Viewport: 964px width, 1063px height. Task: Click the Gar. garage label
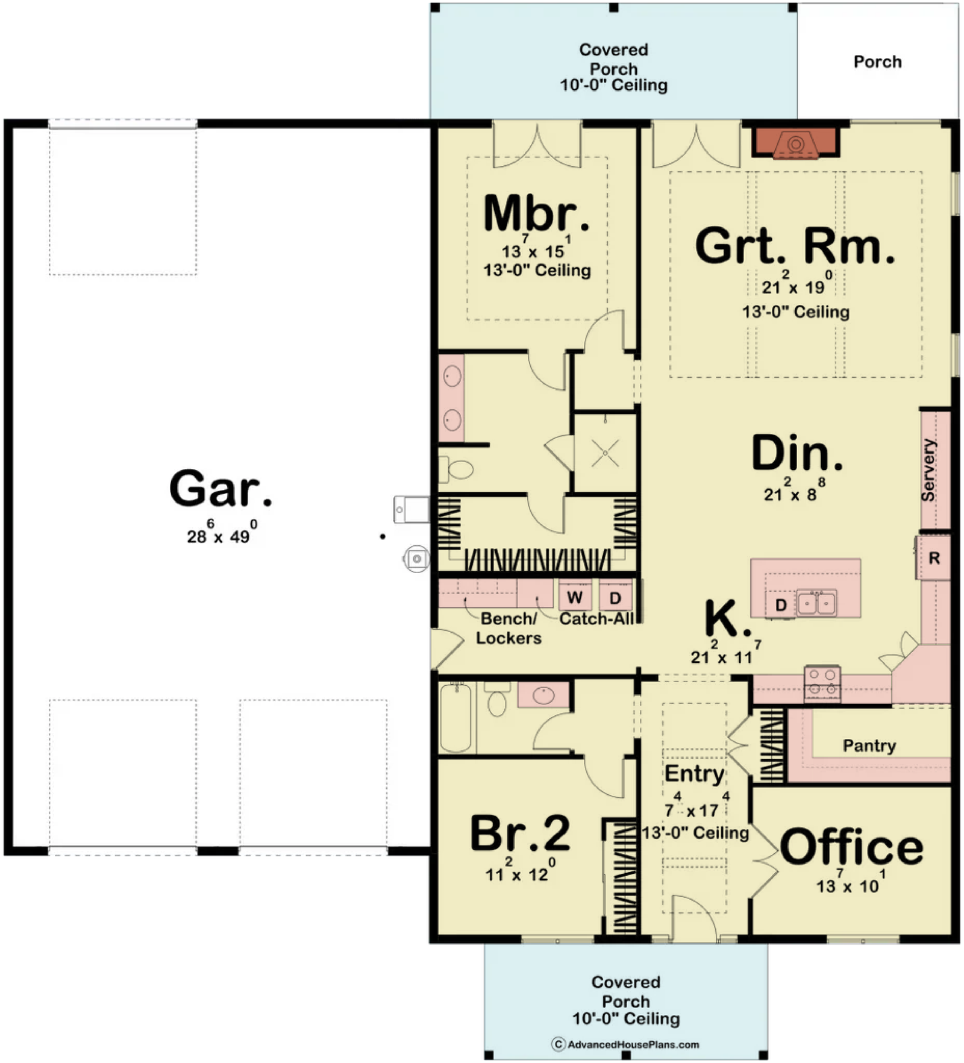(221, 488)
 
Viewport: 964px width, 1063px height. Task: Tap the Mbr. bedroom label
(536, 214)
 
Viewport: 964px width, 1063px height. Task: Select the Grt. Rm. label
(795, 246)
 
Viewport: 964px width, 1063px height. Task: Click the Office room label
(851, 847)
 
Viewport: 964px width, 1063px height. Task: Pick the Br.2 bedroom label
(519, 833)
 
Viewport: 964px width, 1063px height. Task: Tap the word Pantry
(869, 746)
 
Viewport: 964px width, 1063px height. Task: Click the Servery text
(928, 470)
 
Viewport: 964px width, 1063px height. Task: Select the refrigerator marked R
(933, 557)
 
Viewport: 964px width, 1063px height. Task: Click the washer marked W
(575, 597)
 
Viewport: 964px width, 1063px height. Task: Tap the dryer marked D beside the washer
(615, 597)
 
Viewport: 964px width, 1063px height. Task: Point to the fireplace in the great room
(795, 143)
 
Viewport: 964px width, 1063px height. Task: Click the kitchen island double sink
(816, 603)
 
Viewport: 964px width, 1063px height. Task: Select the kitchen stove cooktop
(822, 683)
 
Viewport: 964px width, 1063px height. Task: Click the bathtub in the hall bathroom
(455, 717)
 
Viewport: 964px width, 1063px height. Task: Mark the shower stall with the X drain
(605, 453)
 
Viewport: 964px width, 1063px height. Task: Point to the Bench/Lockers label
(509, 628)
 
